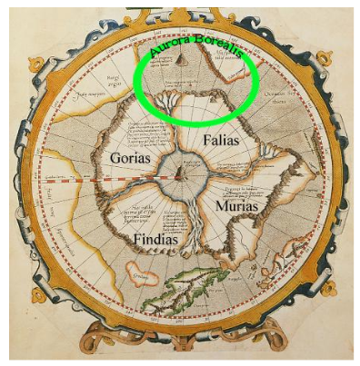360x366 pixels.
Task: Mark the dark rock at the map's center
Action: tap(180, 170)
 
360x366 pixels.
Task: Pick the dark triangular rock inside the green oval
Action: tap(181, 60)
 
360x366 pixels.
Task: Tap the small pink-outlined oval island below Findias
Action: tap(141, 274)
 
